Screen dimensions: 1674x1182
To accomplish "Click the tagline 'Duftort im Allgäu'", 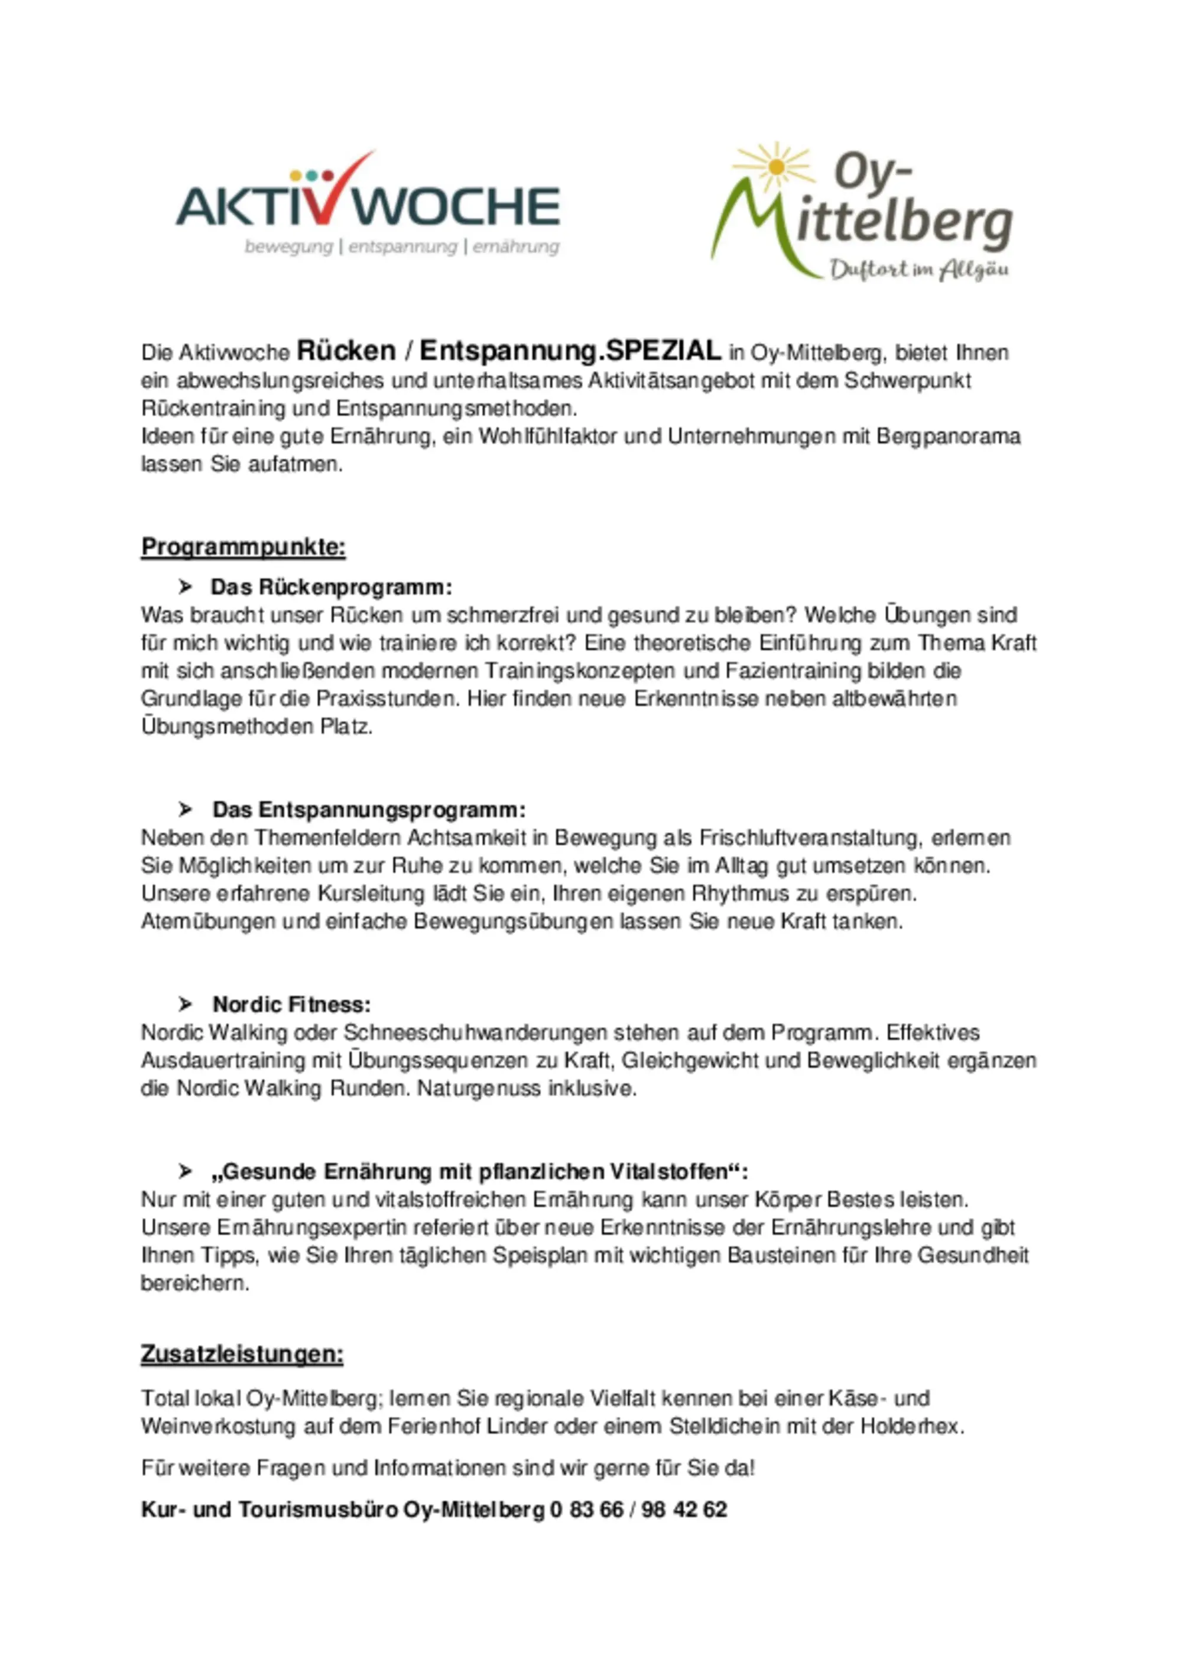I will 919,270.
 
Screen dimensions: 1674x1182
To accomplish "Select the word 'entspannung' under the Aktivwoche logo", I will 402,247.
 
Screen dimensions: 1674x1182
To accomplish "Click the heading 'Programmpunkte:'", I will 243,547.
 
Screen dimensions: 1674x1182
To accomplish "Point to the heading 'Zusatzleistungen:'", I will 242,1354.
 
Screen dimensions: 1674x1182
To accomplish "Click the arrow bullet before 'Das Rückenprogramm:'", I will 186,587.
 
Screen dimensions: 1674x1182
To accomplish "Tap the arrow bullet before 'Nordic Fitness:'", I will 186,1005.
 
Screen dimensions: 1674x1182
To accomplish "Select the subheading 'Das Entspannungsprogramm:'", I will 369,810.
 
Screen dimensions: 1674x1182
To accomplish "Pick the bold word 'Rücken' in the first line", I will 346,351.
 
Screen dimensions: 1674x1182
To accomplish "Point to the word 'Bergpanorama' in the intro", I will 948,437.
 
